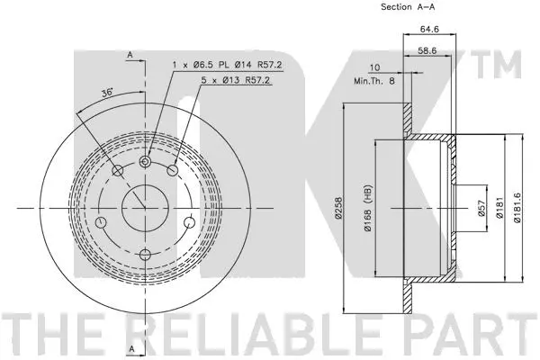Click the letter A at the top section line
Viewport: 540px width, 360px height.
(130, 55)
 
